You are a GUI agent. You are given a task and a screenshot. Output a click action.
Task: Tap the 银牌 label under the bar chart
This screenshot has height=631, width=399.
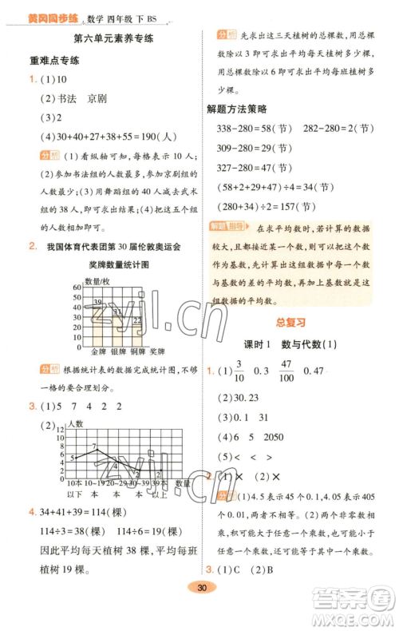point(118,351)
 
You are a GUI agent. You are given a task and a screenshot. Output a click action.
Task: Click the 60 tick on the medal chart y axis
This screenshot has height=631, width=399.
point(77,286)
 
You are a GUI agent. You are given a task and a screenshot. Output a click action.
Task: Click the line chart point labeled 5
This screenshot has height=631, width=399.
point(73,457)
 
